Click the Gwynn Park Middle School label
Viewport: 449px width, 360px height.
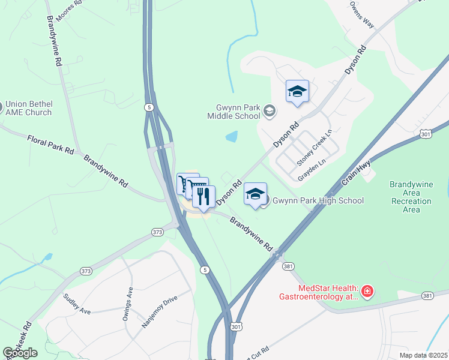click(x=234, y=111)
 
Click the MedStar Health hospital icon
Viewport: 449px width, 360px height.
click(x=367, y=292)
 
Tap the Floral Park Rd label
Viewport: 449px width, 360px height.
click(x=50, y=145)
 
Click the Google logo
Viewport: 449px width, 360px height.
click(x=20, y=353)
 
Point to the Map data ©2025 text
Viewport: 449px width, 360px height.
click(x=423, y=355)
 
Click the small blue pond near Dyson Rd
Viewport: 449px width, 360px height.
click(x=231, y=137)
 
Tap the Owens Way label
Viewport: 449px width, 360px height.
click(x=362, y=14)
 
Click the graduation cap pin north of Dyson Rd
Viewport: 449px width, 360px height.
click(x=297, y=91)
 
